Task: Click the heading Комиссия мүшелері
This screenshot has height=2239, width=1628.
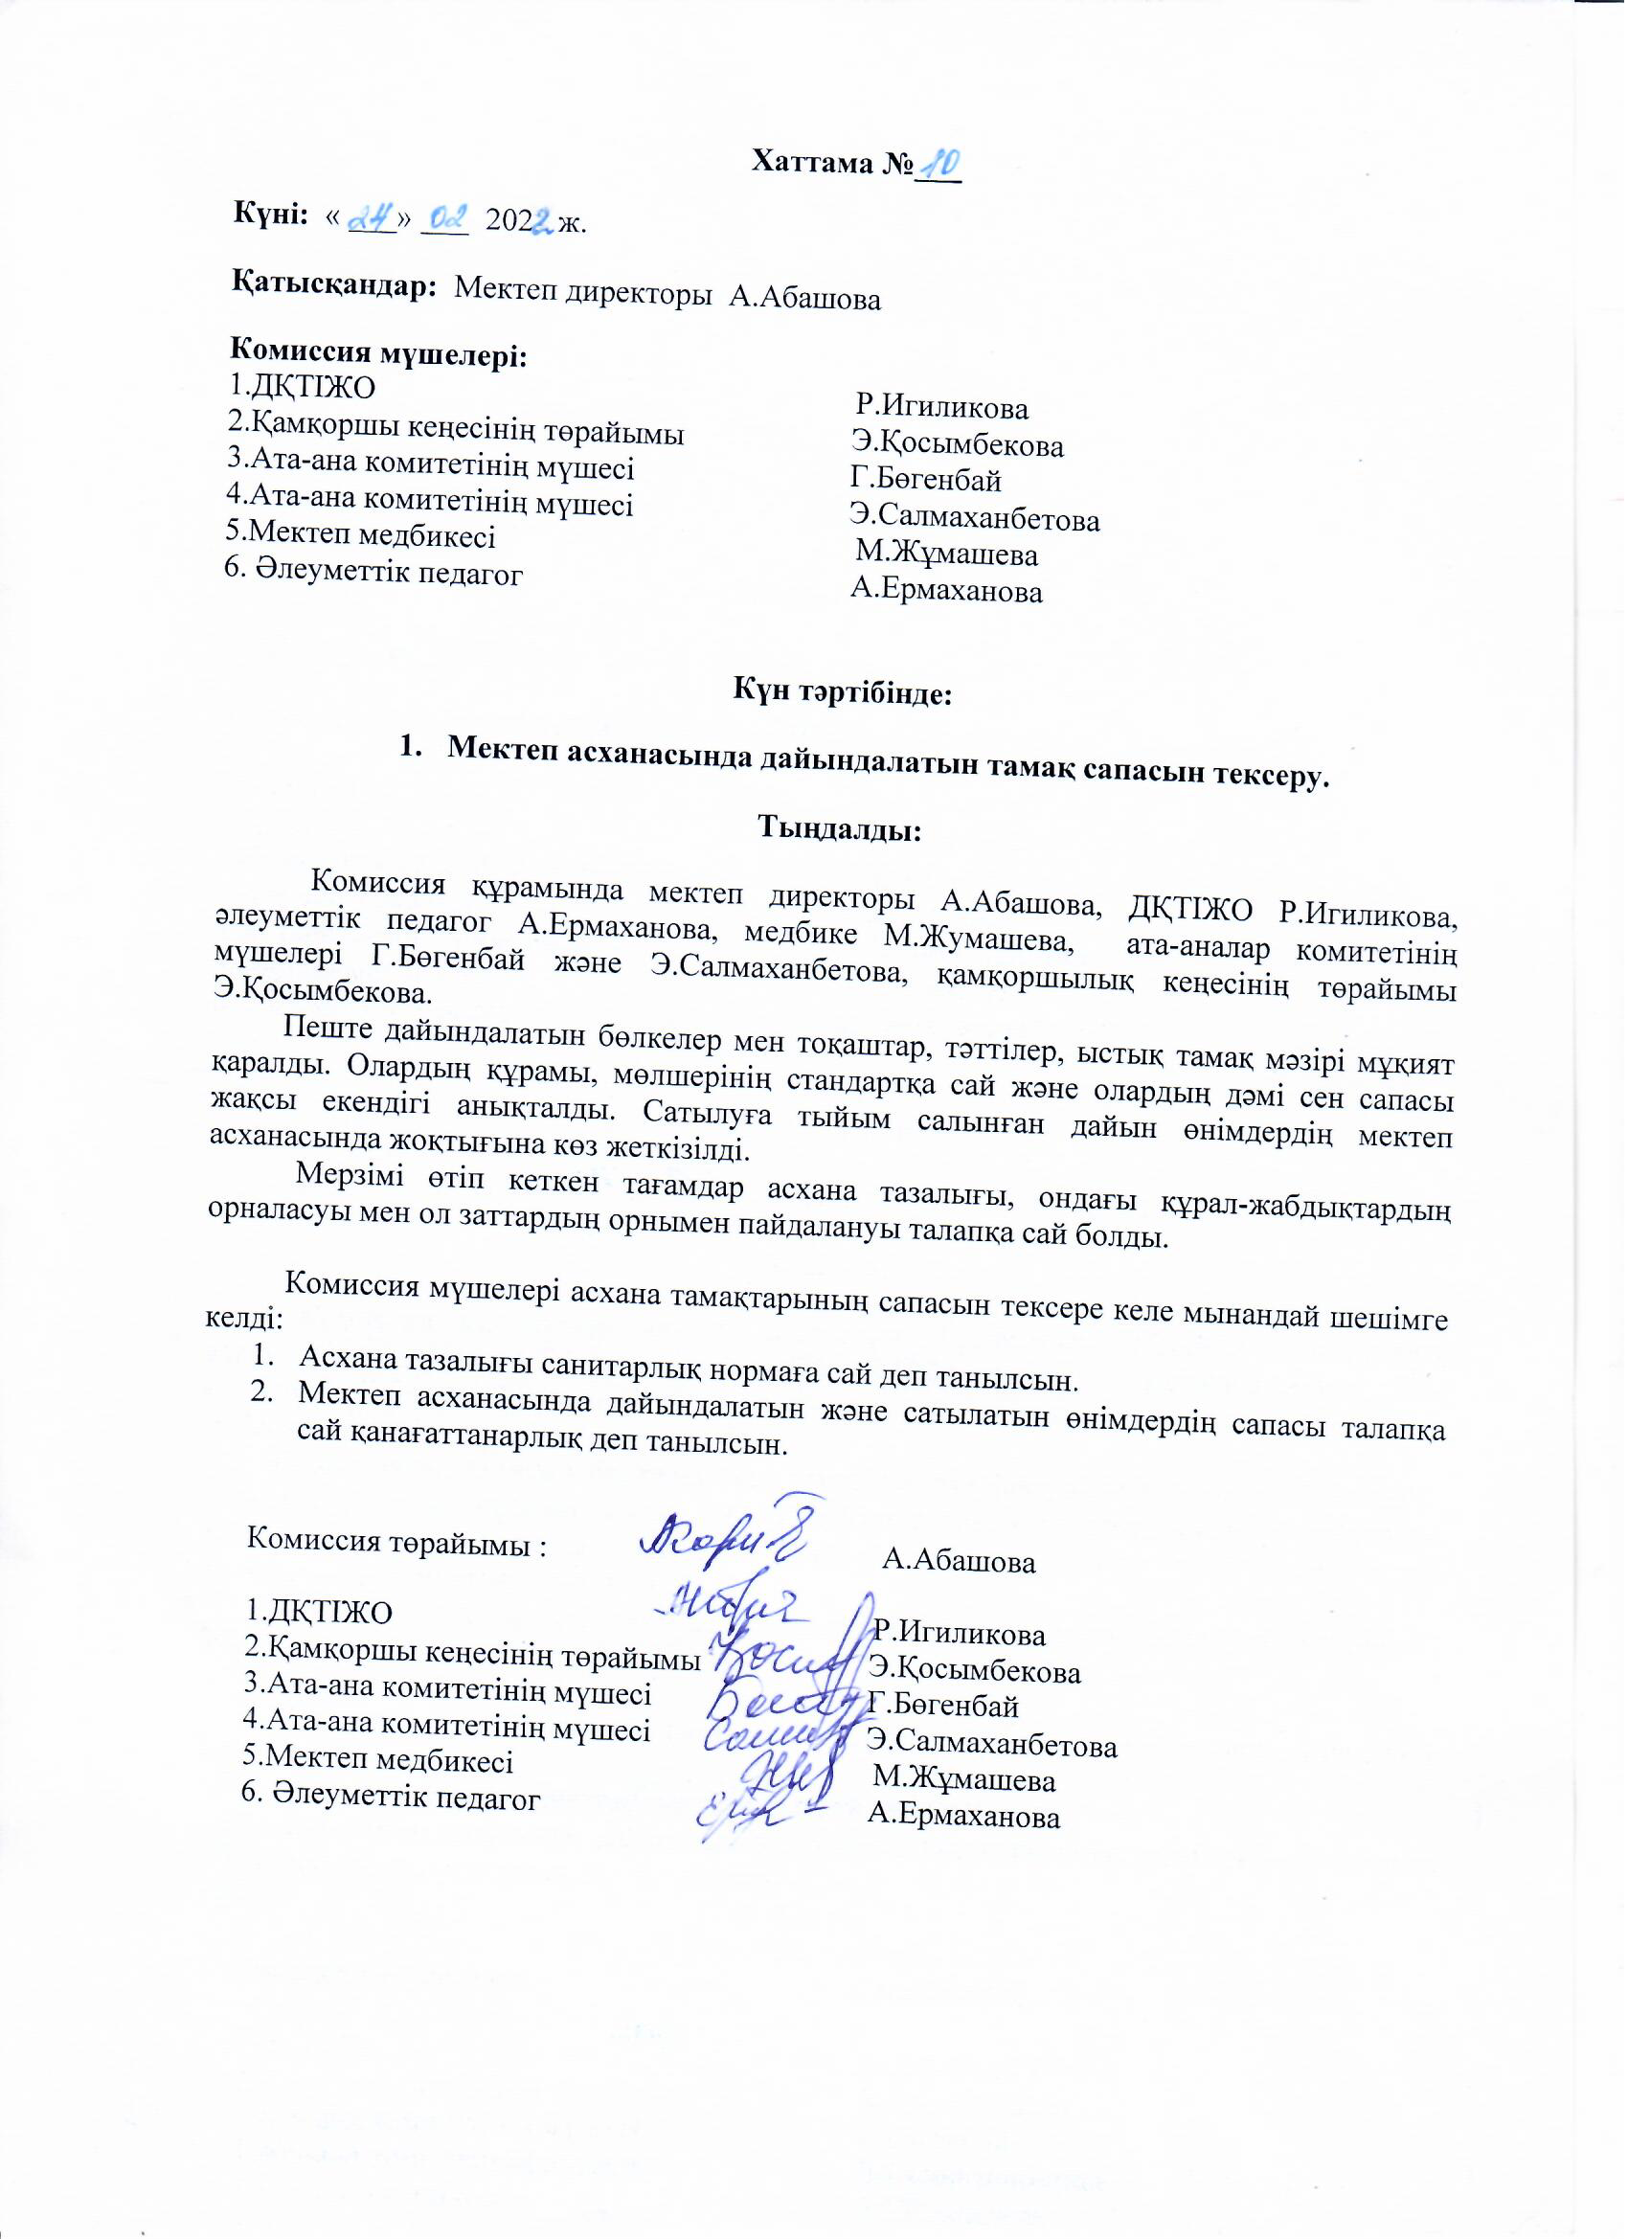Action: tap(378, 352)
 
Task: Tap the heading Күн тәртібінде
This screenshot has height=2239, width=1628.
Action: tap(841, 693)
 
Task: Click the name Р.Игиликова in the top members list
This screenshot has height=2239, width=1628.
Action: tap(943, 407)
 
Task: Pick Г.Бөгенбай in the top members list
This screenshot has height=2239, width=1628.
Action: tap(926, 481)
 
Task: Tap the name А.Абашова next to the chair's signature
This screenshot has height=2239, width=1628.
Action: tap(960, 1561)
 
